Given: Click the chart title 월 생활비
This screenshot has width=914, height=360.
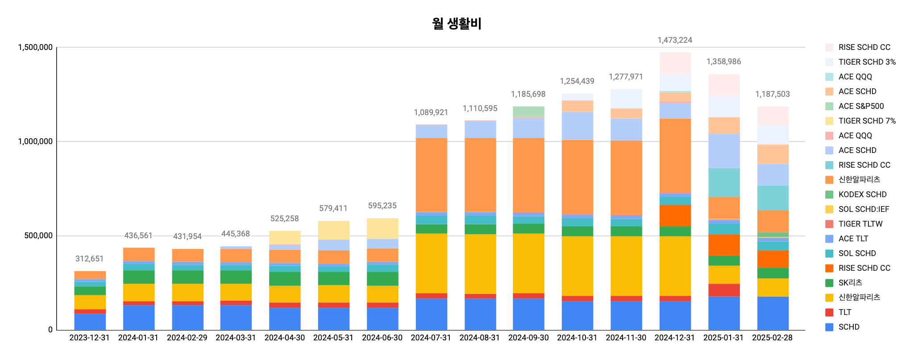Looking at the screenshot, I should (457, 23).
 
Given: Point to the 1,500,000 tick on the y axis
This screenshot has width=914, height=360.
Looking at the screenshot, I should (35, 47).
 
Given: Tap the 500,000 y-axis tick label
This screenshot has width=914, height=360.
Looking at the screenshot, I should (38, 236).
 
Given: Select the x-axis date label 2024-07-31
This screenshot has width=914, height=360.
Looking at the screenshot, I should (431, 338).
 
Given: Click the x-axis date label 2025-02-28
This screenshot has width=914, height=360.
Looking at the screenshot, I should (772, 338).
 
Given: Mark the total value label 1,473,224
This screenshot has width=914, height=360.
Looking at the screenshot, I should (675, 40).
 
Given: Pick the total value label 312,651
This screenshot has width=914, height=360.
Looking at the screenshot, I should (89, 259).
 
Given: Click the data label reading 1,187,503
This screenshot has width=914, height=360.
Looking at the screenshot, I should (773, 94).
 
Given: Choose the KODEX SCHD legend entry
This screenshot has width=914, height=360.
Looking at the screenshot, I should (862, 194).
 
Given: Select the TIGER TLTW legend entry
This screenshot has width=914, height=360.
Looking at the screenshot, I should (860, 224).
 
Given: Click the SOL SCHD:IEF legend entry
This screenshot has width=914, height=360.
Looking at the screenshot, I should (864, 209).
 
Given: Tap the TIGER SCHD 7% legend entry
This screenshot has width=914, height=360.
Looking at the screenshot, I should (867, 121).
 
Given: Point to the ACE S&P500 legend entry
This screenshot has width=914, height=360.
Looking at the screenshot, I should (861, 106).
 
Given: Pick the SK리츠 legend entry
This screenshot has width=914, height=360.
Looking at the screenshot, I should (850, 283).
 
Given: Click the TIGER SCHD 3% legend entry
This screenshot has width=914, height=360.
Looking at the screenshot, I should (867, 62).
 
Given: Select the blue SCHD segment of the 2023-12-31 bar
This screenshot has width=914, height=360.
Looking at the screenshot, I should (90, 322).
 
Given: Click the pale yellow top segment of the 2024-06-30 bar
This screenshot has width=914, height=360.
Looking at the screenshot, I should (382, 228).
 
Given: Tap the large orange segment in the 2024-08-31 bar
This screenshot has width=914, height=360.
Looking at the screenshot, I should (480, 175).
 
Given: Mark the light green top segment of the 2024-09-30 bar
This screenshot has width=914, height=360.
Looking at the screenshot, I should (528, 112).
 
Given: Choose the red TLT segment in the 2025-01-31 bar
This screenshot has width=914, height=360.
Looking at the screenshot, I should (724, 290).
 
